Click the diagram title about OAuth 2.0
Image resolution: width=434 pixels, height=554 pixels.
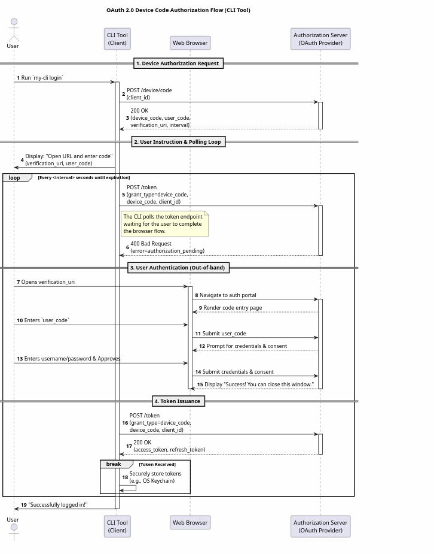tap(178, 10)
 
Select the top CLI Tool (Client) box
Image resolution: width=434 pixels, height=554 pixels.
tap(117, 39)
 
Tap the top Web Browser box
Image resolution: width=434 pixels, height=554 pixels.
tap(190, 43)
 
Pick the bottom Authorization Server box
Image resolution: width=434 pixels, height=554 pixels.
tap(320, 526)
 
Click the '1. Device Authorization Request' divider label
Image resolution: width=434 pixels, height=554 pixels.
tap(178, 63)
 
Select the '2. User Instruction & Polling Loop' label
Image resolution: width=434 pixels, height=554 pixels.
tap(178, 142)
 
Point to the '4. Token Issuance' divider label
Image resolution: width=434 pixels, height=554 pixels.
tap(178, 401)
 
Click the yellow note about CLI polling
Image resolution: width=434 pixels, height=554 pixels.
tap(164, 224)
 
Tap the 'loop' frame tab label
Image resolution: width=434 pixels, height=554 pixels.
tap(14, 178)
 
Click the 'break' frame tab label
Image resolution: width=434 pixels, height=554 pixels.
tap(114, 464)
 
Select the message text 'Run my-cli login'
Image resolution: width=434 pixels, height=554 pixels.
tap(42, 78)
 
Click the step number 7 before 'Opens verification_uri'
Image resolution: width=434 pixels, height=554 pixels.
tap(19, 282)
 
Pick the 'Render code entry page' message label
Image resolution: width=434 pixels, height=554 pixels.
tap(233, 308)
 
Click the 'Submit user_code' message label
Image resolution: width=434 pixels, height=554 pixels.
tap(224, 334)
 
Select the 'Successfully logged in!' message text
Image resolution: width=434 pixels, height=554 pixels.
tap(58, 505)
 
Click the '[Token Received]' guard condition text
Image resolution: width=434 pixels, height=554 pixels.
tap(157, 465)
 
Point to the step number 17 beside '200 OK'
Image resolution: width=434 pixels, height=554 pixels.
tap(129, 446)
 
